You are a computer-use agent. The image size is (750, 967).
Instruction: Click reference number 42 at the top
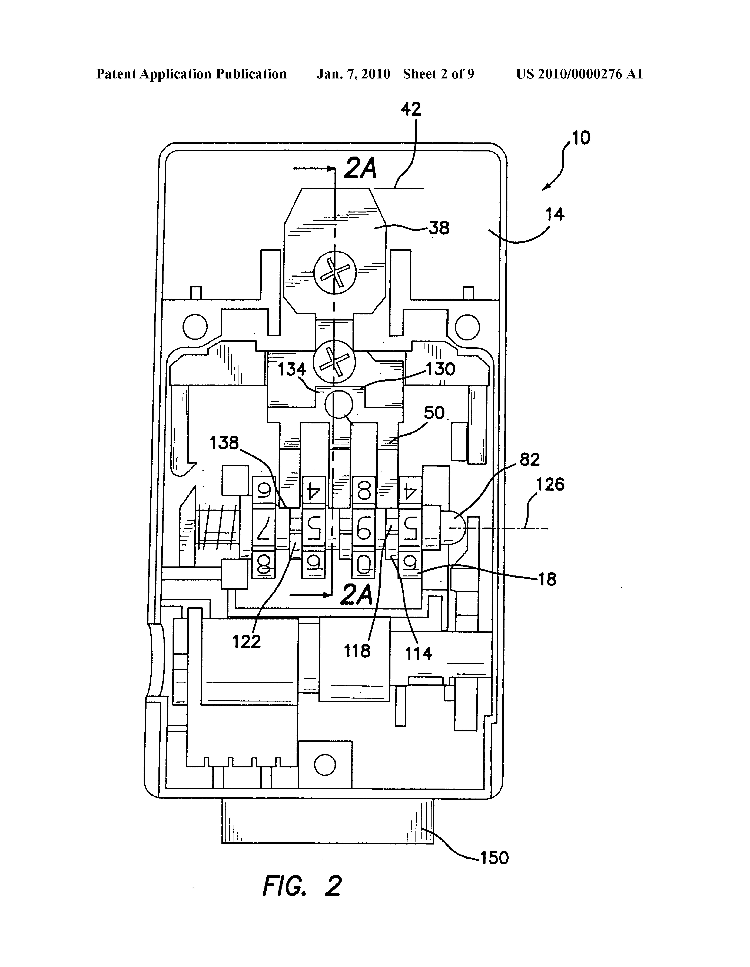click(411, 109)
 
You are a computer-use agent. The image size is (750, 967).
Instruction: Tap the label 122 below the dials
click(247, 642)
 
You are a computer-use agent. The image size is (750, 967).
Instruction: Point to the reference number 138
click(224, 443)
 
